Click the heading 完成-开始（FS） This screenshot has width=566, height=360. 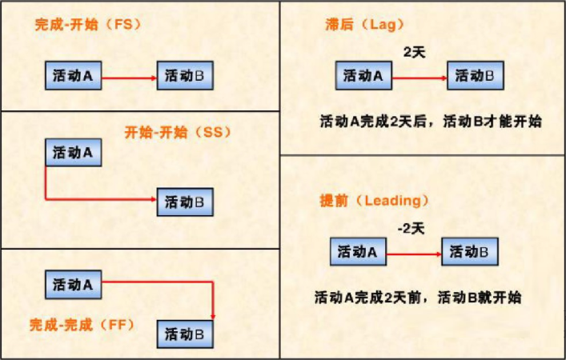(87, 25)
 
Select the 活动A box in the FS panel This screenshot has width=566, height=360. (73, 77)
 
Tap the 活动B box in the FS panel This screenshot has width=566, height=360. (185, 77)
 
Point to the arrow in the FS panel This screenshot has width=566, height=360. (128, 78)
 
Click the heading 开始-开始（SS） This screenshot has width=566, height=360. (177, 132)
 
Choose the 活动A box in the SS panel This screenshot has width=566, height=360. (73, 152)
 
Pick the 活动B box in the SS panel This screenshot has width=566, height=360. (185, 202)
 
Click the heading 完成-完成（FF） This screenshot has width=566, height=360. (82, 325)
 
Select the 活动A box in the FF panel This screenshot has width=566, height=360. (73, 284)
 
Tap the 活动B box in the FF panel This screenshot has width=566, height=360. (185, 334)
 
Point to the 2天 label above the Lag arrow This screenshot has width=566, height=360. (413, 53)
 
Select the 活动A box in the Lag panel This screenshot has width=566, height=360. (363, 77)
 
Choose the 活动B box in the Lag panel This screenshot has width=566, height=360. (476, 77)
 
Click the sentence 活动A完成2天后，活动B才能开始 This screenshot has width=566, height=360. (430, 122)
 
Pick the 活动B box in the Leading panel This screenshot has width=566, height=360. (470, 253)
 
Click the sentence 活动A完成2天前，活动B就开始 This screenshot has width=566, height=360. (419, 298)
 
